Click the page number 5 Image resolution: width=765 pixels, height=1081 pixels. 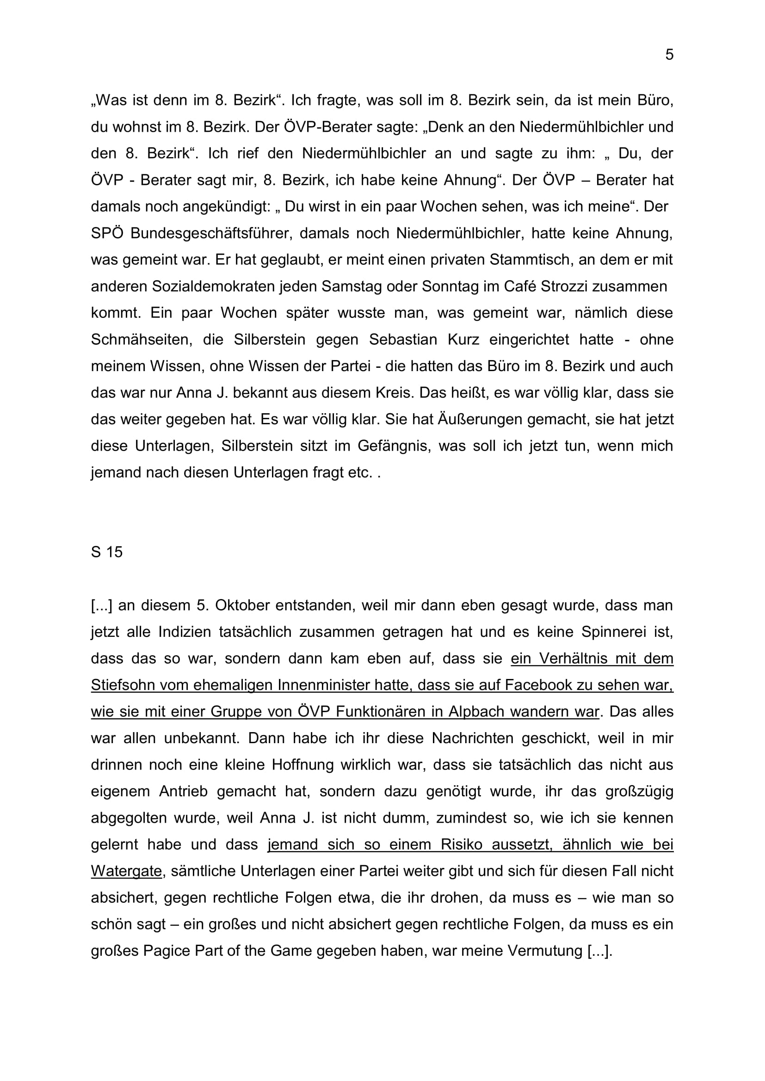669,55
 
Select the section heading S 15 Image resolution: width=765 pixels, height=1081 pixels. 106,552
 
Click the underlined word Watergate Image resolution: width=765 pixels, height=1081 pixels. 126,872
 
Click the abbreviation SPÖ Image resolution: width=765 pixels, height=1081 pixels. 106,233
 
